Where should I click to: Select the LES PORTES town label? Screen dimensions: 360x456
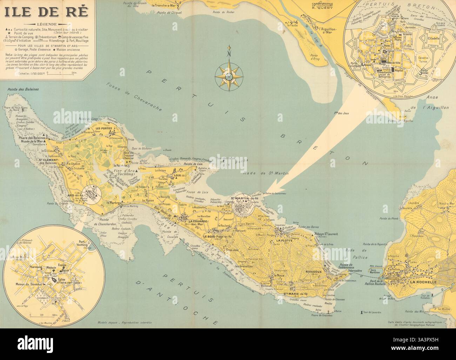(99, 128)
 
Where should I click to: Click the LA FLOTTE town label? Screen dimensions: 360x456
(283, 241)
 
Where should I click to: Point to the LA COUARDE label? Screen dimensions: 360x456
(199, 221)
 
